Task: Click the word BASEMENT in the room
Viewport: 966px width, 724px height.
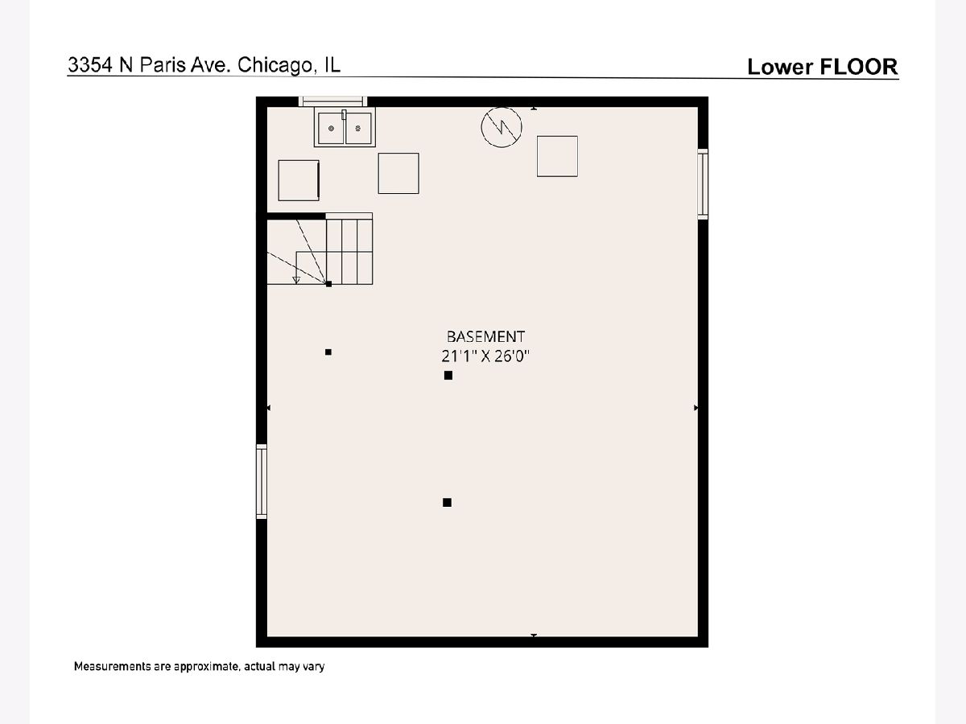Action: (485, 337)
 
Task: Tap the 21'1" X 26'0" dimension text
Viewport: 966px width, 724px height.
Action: (485, 356)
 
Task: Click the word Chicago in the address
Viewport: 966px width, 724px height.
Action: (275, 65)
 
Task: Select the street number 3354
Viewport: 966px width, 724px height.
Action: (91, 65)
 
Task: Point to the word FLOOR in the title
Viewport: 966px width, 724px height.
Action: (859, 67)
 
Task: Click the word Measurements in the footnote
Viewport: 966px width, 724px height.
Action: (112, 666)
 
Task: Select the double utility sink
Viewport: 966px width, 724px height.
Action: (345, 127)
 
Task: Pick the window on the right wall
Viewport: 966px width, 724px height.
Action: (703, 183)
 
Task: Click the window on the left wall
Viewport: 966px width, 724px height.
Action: (262, 481)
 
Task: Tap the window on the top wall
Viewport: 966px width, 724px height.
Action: (332, 101)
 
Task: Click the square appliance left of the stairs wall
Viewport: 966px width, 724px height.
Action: (299, 180)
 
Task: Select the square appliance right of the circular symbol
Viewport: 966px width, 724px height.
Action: (557, 156)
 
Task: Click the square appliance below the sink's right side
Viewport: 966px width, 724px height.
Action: (398, 173)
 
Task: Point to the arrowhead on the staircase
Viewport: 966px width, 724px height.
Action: (296, 280)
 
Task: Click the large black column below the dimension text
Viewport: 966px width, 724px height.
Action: (448, 376)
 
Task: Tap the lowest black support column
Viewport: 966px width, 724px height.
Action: (447, 503)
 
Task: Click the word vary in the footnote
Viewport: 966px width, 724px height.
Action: (314, 668)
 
